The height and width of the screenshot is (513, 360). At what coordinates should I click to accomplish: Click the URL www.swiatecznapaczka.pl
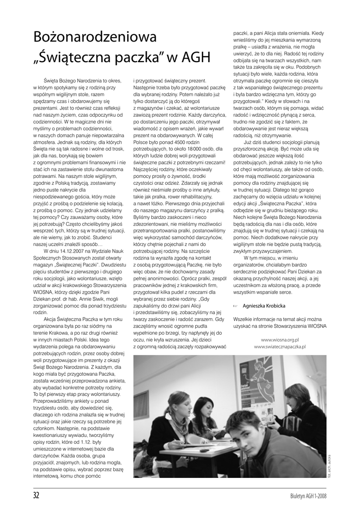pos(280,346)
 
